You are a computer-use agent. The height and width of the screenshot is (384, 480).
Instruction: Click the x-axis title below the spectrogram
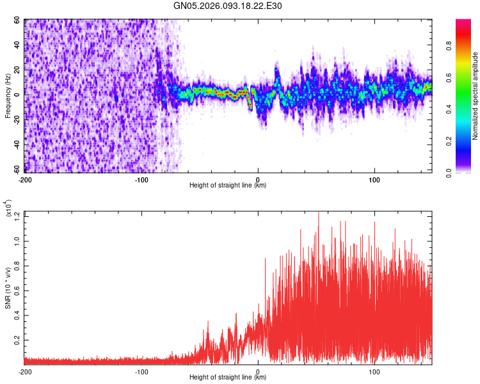pyautogui.click(x=228, y=185)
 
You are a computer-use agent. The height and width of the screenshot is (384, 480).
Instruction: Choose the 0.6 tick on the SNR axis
pyautogui.click(x=19, y=290)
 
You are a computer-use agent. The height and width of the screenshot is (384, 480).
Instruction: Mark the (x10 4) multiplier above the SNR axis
pyautogui.click(x=8, y=209)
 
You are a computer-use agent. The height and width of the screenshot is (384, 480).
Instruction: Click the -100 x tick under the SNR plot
pyautogui.click(x=141, y=371)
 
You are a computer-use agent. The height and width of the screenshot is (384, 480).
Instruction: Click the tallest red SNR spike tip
pyautogui.click(x=319, y=213)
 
